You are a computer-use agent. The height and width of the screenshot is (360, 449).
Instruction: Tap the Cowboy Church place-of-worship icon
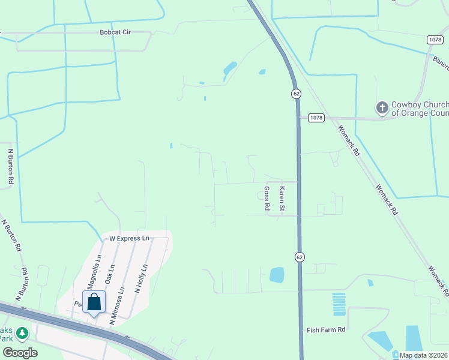point(382,107)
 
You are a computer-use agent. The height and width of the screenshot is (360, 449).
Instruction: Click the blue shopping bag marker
point(94,302)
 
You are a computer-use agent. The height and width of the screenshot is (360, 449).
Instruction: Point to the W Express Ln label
point(128,238)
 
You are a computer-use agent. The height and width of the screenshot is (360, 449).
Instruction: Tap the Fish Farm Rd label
point(326,330)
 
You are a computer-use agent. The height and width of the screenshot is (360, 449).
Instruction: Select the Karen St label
point(281,198)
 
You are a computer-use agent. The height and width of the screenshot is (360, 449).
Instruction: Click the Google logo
point(20,353)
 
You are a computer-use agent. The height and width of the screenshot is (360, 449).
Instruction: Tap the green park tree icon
point(22,332)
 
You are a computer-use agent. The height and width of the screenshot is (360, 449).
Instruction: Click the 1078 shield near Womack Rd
point(316,118)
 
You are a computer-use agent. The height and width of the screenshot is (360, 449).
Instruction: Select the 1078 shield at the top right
point(435,40)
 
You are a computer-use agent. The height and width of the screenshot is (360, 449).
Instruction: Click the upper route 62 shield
point(297,94)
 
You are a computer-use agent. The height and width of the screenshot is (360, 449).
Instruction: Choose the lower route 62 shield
point(300,257)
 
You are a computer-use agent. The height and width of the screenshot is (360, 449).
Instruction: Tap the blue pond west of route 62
point(277,275)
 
